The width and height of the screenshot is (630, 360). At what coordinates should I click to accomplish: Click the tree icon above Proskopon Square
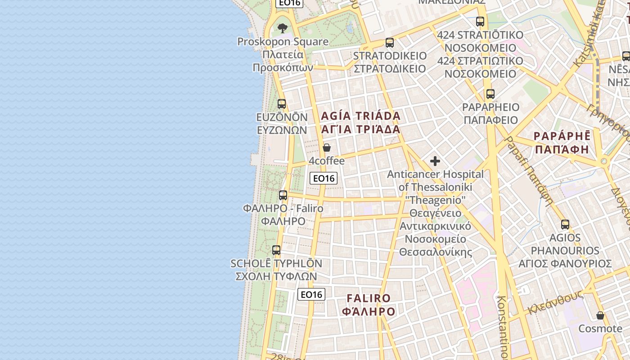pyautogui.click(x=283, y=28)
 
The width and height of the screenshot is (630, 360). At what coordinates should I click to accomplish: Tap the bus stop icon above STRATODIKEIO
pyautogui.click(x=390, y=43)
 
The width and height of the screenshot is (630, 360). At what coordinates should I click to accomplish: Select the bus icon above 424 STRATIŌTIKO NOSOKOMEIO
pyautogui.click(x=480, y=22)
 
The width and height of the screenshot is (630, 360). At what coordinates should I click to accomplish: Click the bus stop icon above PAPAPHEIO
pyautogui.click(x=490, y=94)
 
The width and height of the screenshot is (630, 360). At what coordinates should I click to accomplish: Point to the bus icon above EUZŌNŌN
pyautogui.click(x=282, y=104)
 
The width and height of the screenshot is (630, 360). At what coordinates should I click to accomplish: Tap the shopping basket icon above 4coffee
pyautogui.click(x=327, y=148)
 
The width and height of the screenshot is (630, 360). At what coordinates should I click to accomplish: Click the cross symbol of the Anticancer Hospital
pyautogui.click(x=435, y=161)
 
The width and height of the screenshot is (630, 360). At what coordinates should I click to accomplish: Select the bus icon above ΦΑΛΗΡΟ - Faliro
pyautogui.click(x=283, y=195)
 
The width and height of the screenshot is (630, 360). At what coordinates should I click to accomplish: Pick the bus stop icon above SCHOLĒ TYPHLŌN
pyautogui.click(x=276, y=250)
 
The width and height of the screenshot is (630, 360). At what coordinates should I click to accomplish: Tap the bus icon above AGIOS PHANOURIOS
pyautogui.click(x=565, y=225)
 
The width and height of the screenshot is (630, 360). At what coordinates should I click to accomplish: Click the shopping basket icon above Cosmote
pyautogui.click(x=600, y=315)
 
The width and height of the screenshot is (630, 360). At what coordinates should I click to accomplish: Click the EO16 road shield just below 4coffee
pyautogui.click(x=324, y=178)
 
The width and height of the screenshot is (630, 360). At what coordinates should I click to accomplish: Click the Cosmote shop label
pyautogui.click(x=600, y=328)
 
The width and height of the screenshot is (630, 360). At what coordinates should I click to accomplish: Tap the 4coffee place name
pyautogui.click(x=327, y=161)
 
